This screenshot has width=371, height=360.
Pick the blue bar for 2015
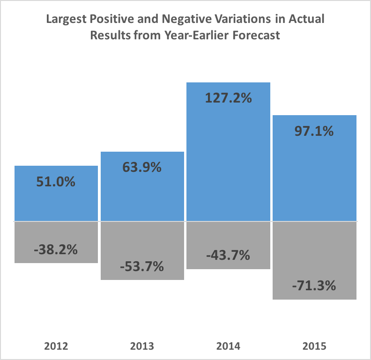(314, 178)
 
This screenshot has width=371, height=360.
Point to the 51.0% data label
(56, 181)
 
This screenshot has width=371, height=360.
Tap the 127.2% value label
(228, 98)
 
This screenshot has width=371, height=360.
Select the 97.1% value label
(314, 131)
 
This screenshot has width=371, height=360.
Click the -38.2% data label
(56, 250)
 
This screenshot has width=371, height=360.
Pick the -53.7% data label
(142, 267)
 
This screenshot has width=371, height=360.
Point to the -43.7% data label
(228, 256)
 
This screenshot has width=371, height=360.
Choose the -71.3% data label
(314, 285)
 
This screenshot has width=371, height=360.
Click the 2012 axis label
(56, 347)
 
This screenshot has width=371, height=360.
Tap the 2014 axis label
(229, 347)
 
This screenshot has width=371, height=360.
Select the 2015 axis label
(314, 347)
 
